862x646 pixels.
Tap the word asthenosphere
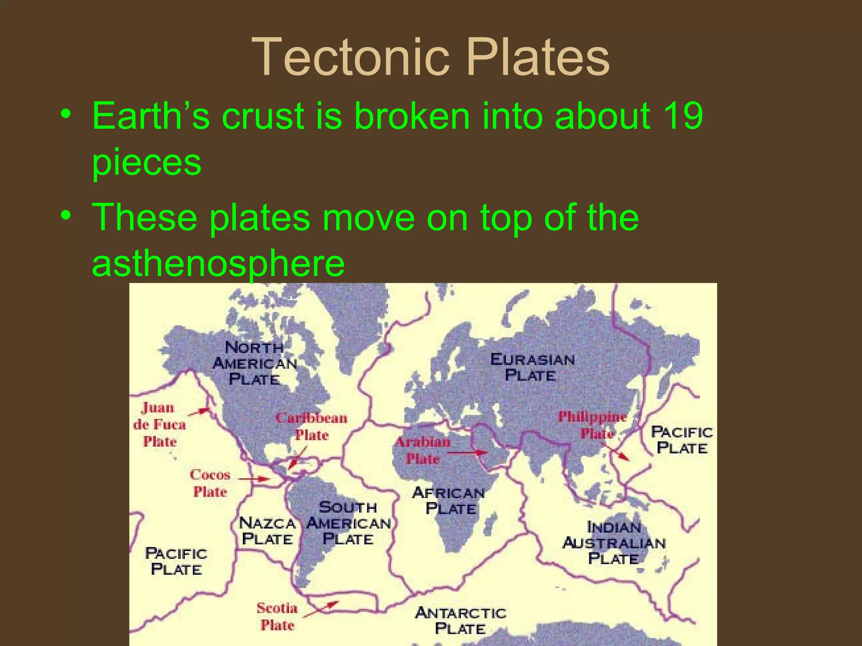(x=218, y=264)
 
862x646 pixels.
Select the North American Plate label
(x=255, y=363)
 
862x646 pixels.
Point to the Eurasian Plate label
(x=532, y=367)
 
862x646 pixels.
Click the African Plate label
(x=449, y=500)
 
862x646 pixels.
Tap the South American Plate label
(x=349, y=523)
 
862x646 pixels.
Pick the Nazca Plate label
(x=267, y=531)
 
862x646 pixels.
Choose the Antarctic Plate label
(x=460, y=621)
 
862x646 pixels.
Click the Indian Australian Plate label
(x=614, y=543)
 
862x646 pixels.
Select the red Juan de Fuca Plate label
(x=160, y=424)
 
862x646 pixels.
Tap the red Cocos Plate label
(x=210, y=483)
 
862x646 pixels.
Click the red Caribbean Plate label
(x=311, y=426)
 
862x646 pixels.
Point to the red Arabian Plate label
(x=423, y=450)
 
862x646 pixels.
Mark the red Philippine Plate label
(x=593, y=425)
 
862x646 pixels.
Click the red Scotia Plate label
(x=277, y=617)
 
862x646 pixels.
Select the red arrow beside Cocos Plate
(x=254, y=479)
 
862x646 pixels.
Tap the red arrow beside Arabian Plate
(x=467, y=453)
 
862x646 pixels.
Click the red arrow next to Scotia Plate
(x=321, y=609)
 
